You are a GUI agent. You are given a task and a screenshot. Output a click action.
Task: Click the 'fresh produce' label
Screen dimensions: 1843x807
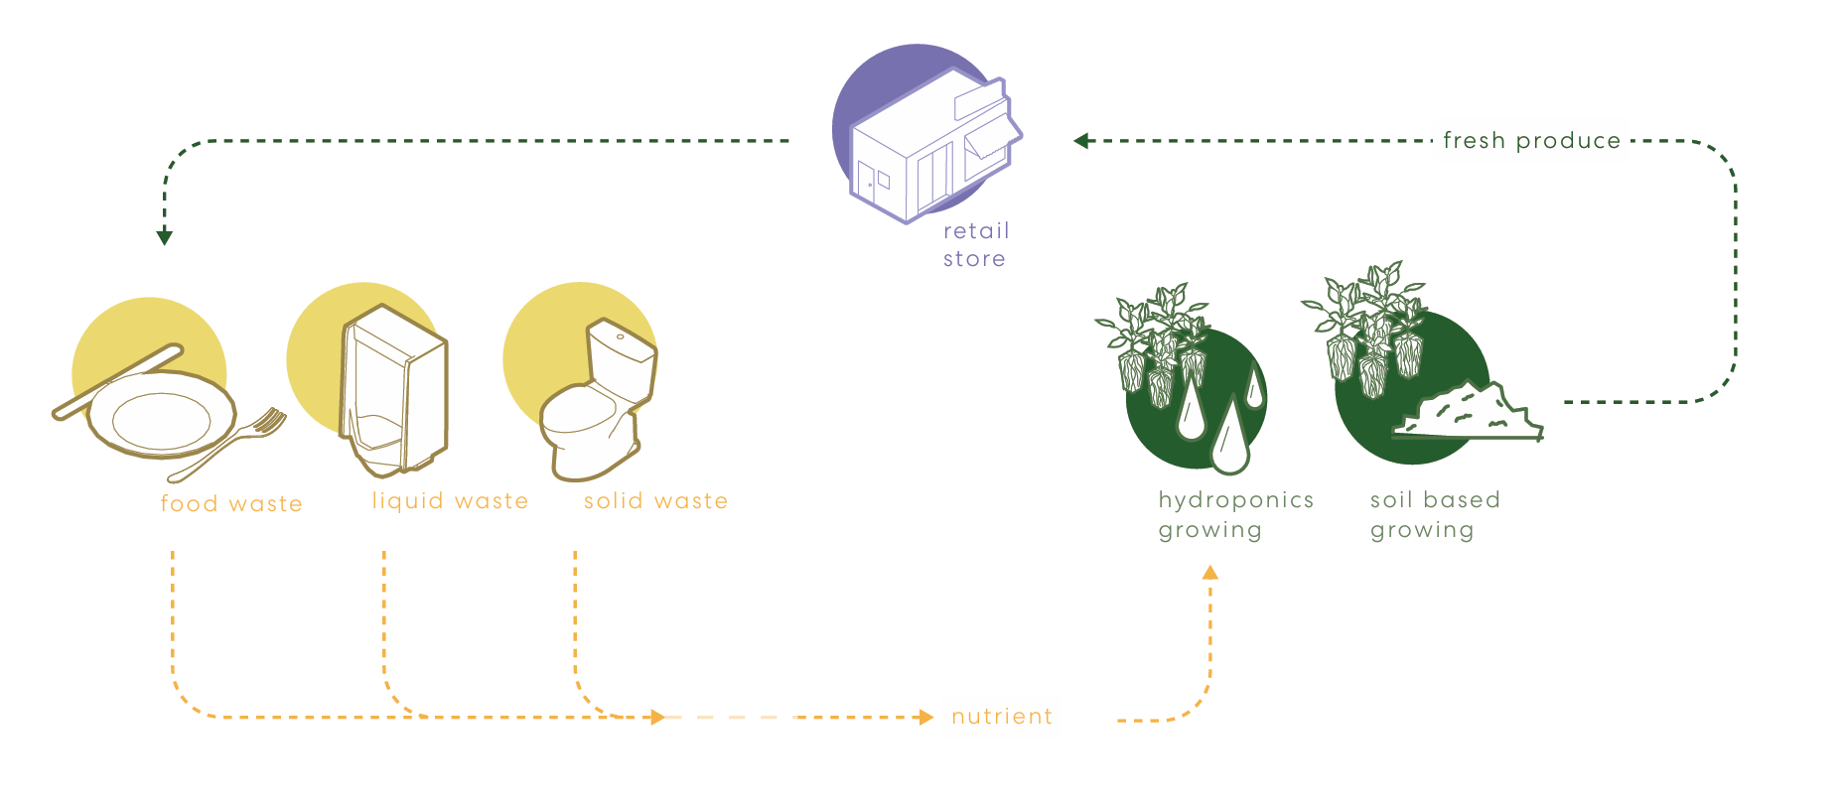1531,141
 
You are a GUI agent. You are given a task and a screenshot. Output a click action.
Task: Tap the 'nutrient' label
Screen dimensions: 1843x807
1002,717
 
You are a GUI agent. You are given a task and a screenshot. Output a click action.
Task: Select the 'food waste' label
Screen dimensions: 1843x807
231,503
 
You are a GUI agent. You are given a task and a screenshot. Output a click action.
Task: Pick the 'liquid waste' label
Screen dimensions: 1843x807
450,501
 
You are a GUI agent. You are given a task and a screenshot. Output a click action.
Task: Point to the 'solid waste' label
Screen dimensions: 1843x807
655,501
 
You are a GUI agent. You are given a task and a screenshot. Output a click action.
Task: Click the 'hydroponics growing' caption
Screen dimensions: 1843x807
1235,515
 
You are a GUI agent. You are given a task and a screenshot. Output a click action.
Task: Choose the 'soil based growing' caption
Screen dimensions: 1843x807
1435,515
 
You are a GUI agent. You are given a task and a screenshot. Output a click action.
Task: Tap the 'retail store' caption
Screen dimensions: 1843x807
976,245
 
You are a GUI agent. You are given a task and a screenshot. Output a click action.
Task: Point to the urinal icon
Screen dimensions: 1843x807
393,390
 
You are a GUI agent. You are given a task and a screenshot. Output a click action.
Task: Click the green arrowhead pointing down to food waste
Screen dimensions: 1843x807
165,237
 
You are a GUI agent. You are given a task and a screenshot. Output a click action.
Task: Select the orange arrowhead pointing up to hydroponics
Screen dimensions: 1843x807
1209,573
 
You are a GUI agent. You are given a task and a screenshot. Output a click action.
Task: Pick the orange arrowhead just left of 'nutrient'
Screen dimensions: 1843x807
925,717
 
